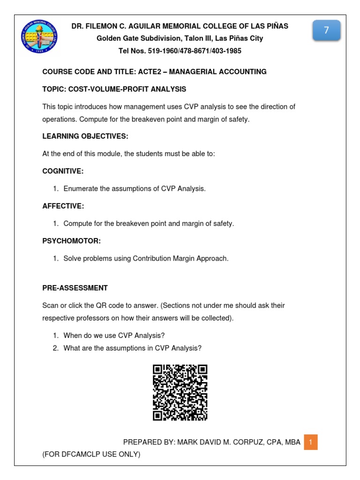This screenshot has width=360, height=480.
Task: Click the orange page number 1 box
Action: [310, 442]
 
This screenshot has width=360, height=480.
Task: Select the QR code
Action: [180, 392]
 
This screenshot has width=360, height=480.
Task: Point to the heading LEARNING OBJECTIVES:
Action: [85, 136]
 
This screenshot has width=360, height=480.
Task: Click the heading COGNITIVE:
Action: [63, 171]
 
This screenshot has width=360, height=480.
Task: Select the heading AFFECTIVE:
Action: [63, 206]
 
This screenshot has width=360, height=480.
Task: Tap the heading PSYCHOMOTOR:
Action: [72, 241]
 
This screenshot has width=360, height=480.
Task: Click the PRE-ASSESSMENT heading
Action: [75, 288]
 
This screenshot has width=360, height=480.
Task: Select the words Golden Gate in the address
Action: [115, 38]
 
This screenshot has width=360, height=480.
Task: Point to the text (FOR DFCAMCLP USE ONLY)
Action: [91, 454]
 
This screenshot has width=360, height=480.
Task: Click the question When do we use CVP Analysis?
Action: [114, 336]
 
